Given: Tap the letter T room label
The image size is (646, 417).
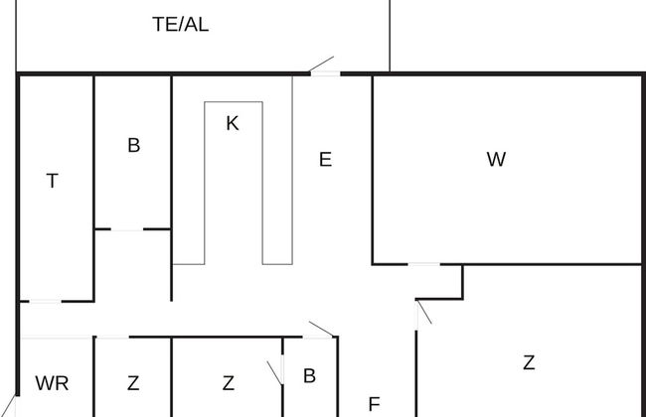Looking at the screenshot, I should point(53,181).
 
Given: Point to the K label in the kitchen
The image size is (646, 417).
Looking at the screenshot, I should point(233,124).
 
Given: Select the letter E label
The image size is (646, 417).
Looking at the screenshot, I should point(325,159).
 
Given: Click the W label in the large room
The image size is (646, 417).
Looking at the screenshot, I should point(497,159).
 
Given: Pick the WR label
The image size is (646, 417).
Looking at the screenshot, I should point(52,383).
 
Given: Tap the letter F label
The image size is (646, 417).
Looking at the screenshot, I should point(375,404).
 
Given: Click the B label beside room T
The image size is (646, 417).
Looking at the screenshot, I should point(133,146).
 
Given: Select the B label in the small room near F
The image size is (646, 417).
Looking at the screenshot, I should point(309,376).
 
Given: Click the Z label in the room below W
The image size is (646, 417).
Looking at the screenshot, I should point(529,363).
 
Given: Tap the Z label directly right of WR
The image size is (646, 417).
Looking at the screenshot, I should point(133,383).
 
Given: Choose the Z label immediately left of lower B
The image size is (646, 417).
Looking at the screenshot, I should point(229,383).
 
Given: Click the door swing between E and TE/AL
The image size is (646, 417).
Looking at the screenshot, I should point(323,67).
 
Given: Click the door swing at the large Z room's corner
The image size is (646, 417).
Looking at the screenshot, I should point(423,313).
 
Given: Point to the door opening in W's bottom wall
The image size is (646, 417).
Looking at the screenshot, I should point(424,264).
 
